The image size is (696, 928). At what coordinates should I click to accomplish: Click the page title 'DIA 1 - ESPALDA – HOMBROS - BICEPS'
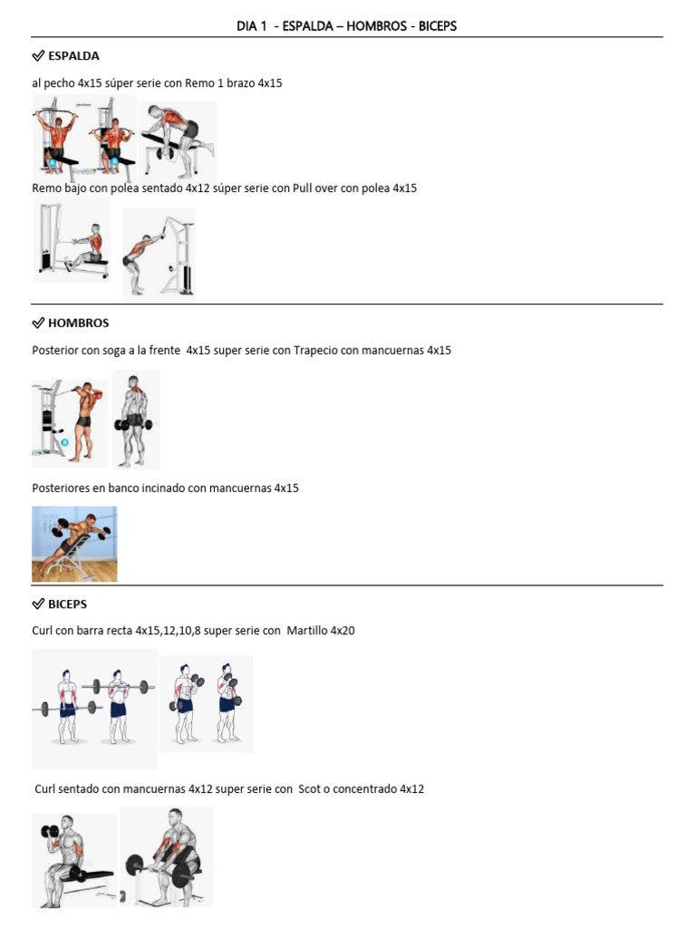[x=347, y=26]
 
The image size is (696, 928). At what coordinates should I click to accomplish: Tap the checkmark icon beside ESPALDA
[x=38, y=56]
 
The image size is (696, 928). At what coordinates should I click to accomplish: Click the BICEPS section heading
[x=67, y=604]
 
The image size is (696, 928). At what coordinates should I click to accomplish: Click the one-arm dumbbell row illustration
[x=179, y=140]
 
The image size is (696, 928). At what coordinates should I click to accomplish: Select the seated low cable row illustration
[x=73, y=242]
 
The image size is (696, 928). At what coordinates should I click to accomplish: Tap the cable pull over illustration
[x=159, y=254]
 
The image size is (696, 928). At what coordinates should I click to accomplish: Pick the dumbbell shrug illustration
[x=136, y=418]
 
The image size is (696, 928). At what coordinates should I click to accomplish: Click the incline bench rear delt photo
[x=74, y=544]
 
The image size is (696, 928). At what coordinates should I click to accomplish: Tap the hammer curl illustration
[x=207, y=704]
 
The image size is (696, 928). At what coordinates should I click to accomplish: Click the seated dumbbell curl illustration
[x=74, y=860]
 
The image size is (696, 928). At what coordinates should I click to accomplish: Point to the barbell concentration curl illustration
[x=168, y=857]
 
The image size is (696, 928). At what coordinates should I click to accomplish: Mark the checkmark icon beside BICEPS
[x=38, y=604]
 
